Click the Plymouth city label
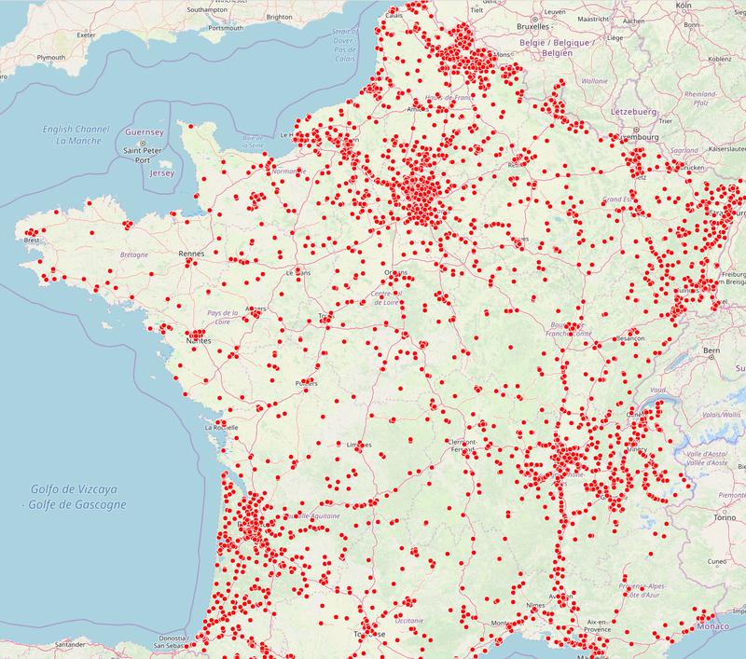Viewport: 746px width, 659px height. tap(50, 58)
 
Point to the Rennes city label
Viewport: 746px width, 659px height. tap(191, 253)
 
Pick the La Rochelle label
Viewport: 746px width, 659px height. tap(222, 428)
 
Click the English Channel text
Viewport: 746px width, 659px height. tap(76, 129)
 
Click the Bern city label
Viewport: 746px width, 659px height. tap(711, 350)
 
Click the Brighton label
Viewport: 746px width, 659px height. tap(279, 17)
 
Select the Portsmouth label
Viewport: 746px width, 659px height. tap(226, 29)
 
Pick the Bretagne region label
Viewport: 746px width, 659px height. tap(135, 254)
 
